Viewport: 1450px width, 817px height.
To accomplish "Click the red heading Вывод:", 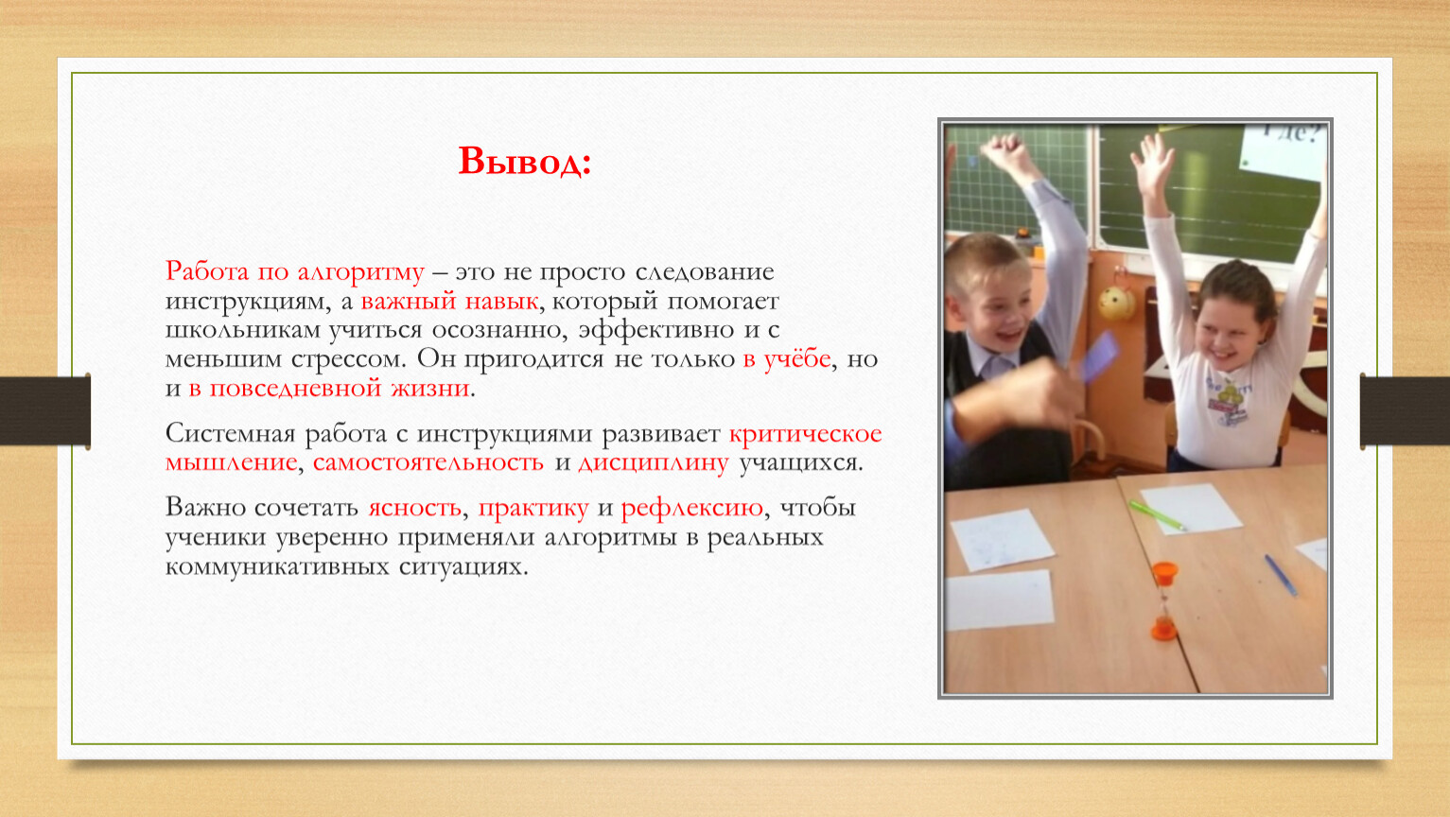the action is (x=524, y=161).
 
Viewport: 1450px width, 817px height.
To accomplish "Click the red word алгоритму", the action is (x=360, y=273).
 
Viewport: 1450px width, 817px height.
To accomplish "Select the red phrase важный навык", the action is (x=449, y=302).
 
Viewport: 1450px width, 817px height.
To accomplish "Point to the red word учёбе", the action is (x=796, y=358).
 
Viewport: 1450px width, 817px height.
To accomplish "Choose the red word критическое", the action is (x=805, y=434).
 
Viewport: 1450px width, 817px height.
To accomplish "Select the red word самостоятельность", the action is (x=428, y=463).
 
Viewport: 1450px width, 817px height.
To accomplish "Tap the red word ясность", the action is (x=414, y=508).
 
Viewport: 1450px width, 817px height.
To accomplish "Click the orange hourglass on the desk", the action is (x=1164, y=601).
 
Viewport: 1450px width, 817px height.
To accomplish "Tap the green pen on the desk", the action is (x=1158, y=515).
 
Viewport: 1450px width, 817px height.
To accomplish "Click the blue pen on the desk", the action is (x=1281, y=575).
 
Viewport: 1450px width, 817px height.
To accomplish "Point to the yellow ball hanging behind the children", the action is (x=1116, y=303).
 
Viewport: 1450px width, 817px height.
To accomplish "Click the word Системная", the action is (x=230, y=434).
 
